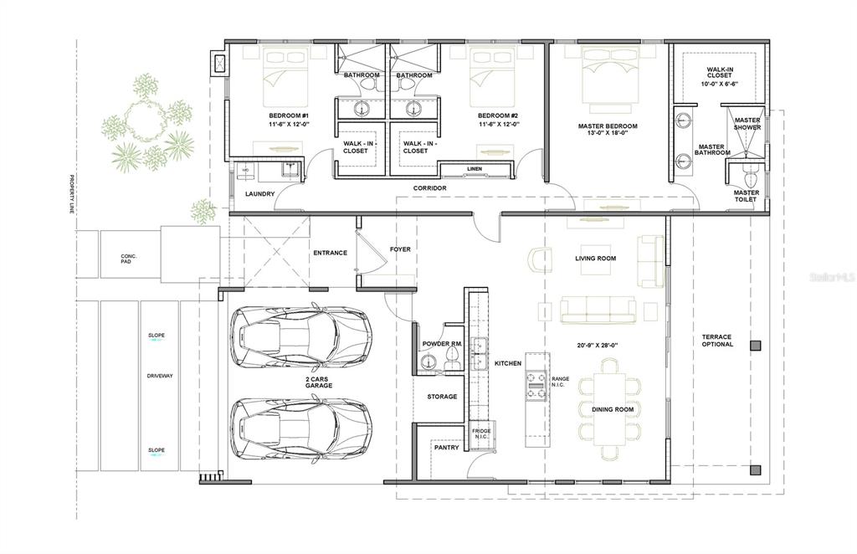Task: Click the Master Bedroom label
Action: [x=608, y=126]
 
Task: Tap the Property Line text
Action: [x=73, y=195]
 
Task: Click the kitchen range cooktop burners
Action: [x=536, y=383]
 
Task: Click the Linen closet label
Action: [x=475, y=170]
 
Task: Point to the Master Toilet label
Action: [x=746, y=197]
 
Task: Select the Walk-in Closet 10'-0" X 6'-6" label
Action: [x=721, y=78]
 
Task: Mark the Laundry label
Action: [x=260, y=194]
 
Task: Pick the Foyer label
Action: [x=400, y=249]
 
